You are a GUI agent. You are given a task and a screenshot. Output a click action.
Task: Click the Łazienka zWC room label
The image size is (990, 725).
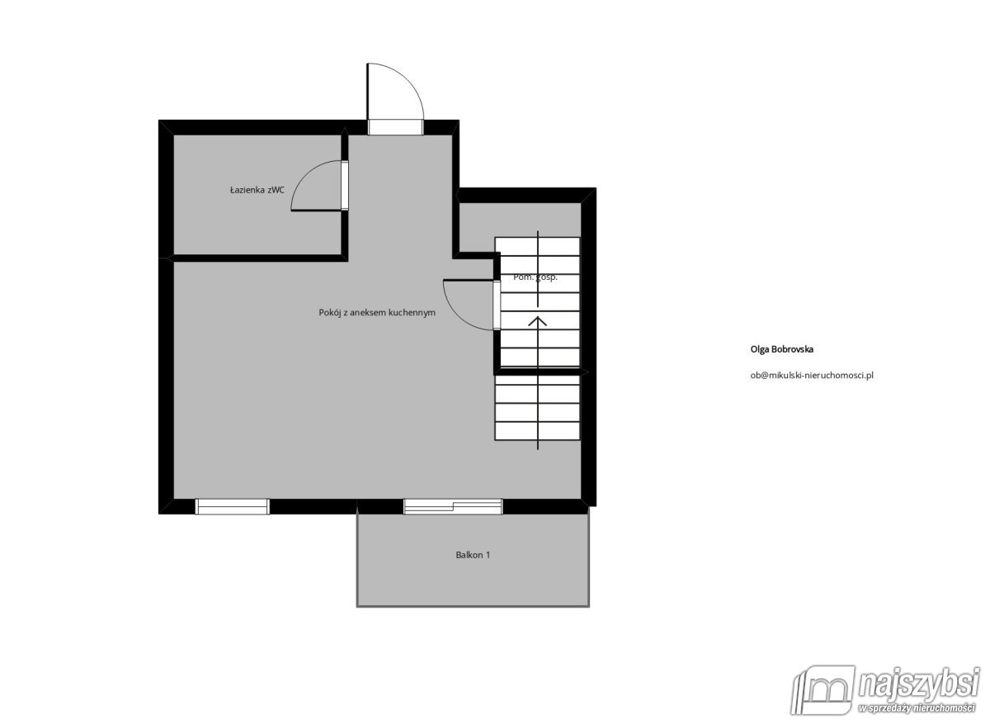[257, 190]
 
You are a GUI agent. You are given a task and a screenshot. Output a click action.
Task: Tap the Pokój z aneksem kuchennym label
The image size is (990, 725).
[376, 313]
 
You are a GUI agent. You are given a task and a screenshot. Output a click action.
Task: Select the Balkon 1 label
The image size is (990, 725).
[473, 555]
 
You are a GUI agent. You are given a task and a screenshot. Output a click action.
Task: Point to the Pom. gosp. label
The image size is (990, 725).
[535, 277]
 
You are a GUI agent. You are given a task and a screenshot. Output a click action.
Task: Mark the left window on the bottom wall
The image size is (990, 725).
[232, 506]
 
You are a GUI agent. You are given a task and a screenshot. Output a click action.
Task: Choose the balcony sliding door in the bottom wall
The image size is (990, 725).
[453, 506]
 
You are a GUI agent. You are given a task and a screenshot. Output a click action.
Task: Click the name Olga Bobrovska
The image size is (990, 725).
[782, 349]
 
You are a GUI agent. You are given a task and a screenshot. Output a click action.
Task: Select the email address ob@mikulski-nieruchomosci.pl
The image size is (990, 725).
[812, 374]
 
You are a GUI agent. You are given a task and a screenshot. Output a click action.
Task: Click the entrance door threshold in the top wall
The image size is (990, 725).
[395, 126]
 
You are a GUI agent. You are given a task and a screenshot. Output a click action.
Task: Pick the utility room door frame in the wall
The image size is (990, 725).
[497, 305]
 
